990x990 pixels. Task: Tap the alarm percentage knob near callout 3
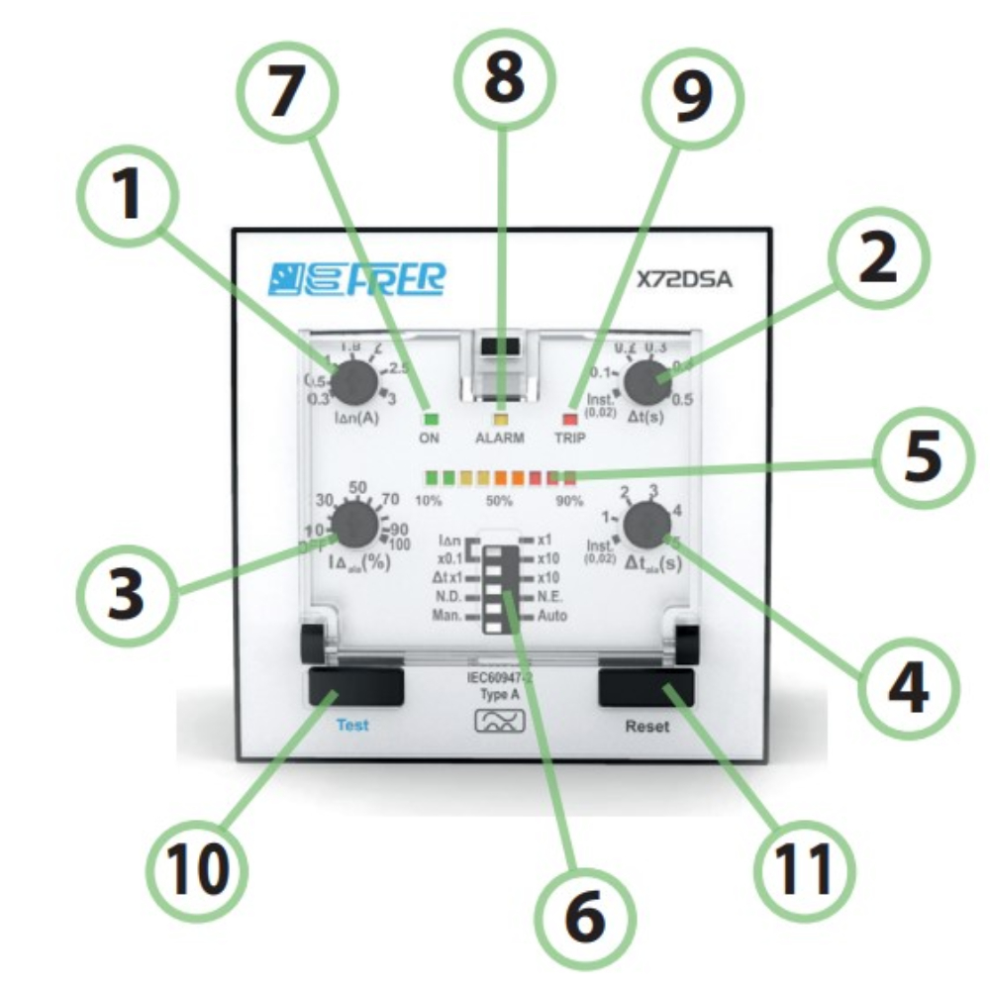352,527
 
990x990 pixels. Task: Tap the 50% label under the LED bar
499,501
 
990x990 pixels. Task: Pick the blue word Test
351,725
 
